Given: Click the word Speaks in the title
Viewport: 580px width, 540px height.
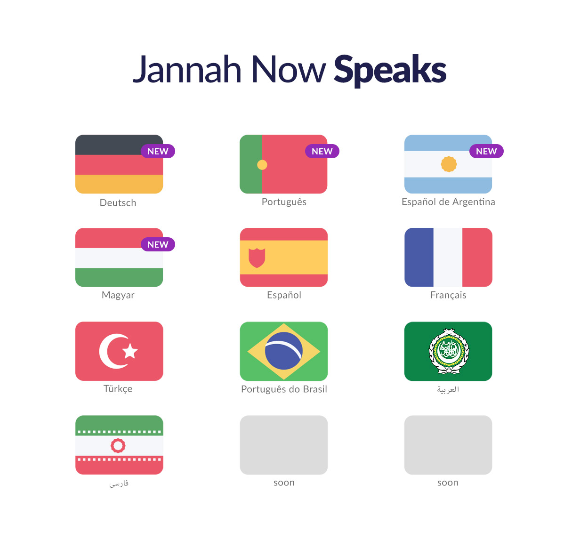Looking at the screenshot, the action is pyautogui.click(x=390, y=71).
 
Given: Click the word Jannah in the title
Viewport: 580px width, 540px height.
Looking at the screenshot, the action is pyautogui.click(x=187, y=70).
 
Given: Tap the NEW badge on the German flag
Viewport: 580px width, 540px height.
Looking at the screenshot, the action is pyautogui.click(x=158, y=151).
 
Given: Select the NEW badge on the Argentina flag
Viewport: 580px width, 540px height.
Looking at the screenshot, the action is pyautogui.click(x=486, y=151).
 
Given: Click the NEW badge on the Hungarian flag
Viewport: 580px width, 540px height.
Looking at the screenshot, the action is pyautogui.click(x=158, y=244).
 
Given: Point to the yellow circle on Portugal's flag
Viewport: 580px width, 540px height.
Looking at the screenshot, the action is pyautogui.click(x=262, y=165).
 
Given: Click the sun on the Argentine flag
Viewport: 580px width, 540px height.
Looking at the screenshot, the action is pyautogui.click(x=449, y=164).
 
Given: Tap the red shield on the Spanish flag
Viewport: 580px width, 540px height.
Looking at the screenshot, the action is pyautogui.click(x=257, y=258).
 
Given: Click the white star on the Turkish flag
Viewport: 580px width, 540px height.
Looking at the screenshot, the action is pyautogui.click(x=130, y=351).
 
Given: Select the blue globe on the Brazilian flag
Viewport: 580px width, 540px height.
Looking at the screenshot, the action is pyautogui.click(x=283, y=351).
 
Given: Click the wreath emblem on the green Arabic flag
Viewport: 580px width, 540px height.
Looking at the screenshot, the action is pyautogui.click(x=449, y=351).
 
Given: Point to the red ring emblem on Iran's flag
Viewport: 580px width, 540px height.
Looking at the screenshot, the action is pyautogui.click(x=118, y=445).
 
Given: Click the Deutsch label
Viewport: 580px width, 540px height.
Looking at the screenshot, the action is pyautogui.click(x=118, y=203).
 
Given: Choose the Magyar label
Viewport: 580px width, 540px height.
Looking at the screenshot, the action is pyautogui.click(x=118, y=295).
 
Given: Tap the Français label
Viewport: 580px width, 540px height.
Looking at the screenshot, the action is pyautogui.click(x=448, y=295).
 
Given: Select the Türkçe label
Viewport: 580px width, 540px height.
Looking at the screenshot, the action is pyautogui.click(x=118, y=389).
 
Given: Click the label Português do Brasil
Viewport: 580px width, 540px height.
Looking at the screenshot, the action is pyautogui.click(x=284, y=389).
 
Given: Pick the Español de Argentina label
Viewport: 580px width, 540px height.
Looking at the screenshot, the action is pyautogui.click(x=448, y=202).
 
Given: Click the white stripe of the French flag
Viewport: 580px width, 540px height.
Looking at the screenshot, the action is pyautogui.click(x=448, y=258).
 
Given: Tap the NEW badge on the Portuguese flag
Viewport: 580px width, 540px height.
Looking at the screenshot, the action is pyautogui.click(x=322, y=151).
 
